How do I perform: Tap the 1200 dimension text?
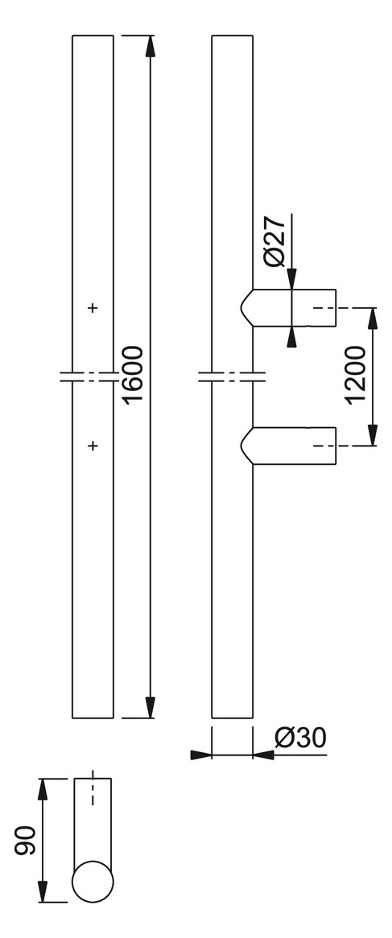[357, 376]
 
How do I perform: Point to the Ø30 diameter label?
[300, 738]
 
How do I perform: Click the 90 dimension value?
[27, 841]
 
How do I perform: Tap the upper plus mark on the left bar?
[93, 308]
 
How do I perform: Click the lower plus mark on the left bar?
[93, 446]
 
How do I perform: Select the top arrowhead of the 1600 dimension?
[150, 46]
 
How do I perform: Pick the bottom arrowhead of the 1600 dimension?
[150, 707]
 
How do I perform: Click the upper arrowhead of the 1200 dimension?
[372, 319]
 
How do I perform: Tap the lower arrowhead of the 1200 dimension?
[372, 435]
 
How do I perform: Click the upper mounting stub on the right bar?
[288, 308]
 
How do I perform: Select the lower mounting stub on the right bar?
[288, 446]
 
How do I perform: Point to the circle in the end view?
[93, 881]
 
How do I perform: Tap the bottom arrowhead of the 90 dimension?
[43, 891]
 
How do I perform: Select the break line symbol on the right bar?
[232, 376]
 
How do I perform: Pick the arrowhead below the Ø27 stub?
[291, 337]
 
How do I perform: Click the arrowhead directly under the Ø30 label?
[263, 755]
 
